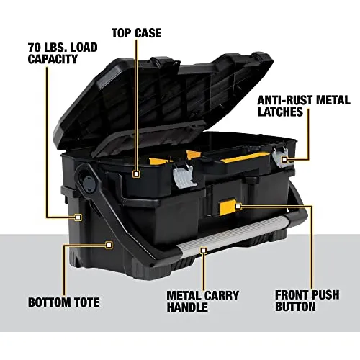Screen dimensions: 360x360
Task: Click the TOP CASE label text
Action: coord(137,33)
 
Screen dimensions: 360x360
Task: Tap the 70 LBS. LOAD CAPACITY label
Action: coord(63,53)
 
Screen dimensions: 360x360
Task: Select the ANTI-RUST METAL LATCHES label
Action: coord(304,106)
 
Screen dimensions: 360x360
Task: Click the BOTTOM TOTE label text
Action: coord(64,302)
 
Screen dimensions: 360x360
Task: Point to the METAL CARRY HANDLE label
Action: coord(203,301)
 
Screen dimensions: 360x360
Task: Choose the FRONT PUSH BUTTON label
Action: coord(307,301)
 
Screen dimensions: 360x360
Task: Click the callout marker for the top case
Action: coord(136,174)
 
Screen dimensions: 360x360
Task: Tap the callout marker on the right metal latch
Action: coord(284,159)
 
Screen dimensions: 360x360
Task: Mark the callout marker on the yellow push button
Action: coord(238,206)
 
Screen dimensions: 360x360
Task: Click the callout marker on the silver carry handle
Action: coord(204,251)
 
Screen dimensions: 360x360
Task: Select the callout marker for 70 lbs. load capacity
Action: coord(78,217)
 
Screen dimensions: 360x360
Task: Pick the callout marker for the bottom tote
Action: coord(109,245)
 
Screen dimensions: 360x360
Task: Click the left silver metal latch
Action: coord(184,177)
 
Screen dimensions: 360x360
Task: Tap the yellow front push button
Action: coord(228,207)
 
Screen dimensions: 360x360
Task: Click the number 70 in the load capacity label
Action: coord(35,48)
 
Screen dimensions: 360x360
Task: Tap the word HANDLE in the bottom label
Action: coord(187,307)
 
